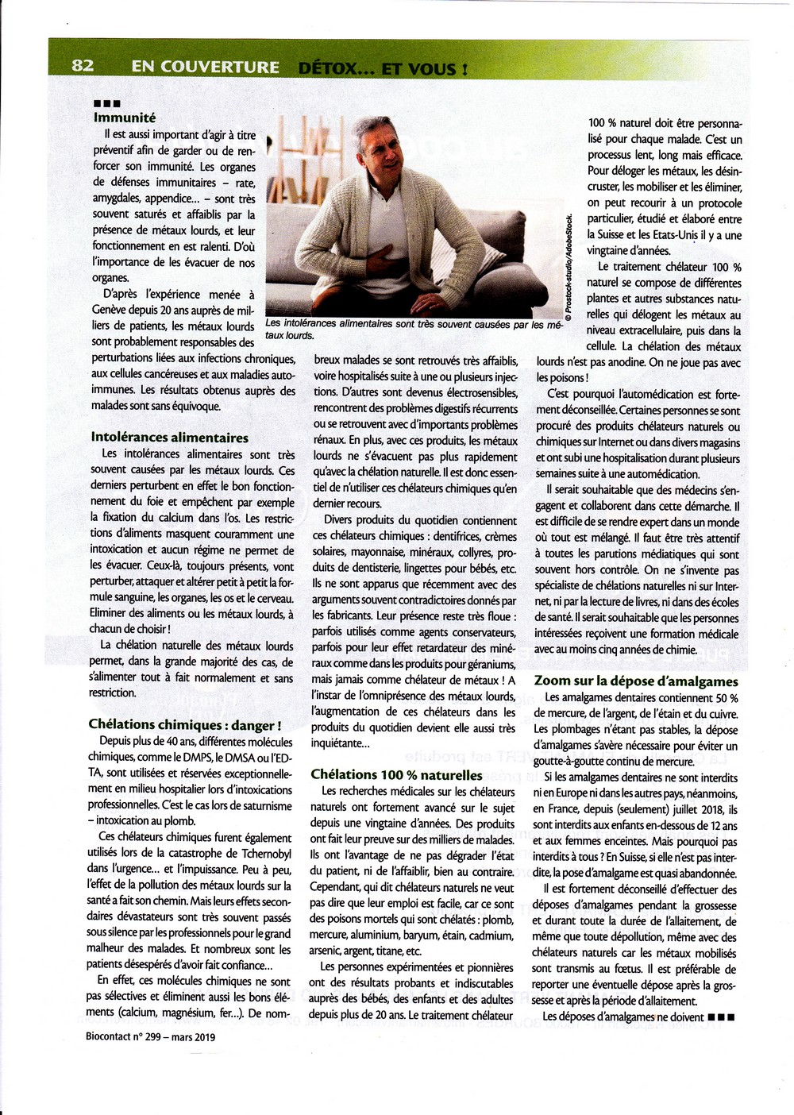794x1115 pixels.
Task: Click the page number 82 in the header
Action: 83,66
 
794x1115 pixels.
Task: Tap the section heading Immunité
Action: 125,118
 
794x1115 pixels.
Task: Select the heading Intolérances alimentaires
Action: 169,438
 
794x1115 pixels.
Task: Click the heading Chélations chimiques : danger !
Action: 184,724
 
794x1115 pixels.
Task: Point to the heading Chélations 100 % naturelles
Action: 396,774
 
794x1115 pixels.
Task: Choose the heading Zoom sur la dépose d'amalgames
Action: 636,681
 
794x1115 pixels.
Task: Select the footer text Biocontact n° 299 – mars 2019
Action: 150,1036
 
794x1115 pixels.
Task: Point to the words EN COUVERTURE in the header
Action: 205,68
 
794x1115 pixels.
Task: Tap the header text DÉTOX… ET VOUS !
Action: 383,68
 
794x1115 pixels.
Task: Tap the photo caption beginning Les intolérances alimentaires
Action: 413,330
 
